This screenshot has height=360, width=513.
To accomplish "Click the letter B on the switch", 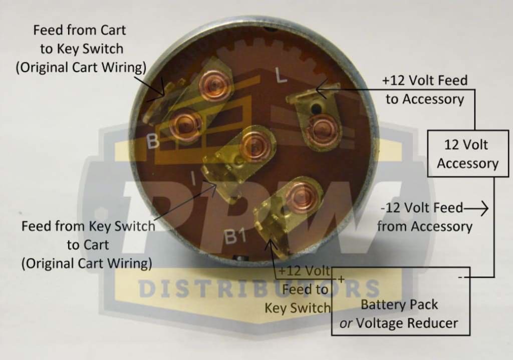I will click(x=153, y=142).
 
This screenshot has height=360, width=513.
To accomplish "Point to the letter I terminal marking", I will click(x=193, y=177).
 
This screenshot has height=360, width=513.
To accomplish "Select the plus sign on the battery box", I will click(x=341, y=279).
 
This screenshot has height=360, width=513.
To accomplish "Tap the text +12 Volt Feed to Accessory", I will click(x=424, y=90).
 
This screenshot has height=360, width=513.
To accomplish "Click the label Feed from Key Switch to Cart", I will click(x=88, y=244).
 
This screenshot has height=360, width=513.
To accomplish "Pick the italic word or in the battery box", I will click(x=346, y=323).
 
